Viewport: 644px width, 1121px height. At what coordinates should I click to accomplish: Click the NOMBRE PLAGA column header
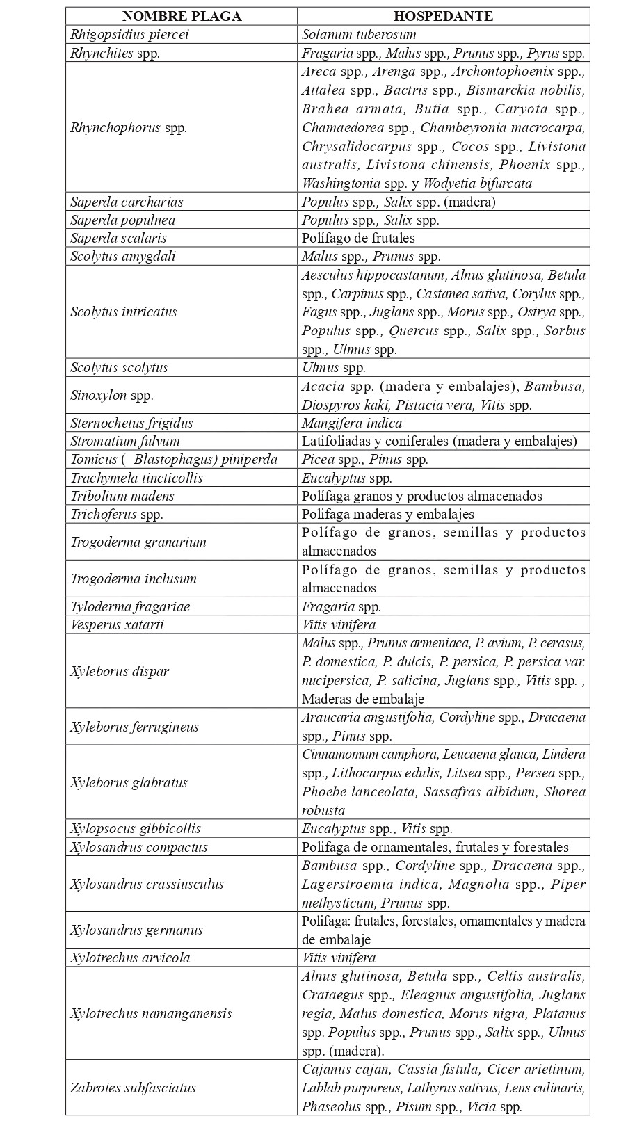[x=182, y=16]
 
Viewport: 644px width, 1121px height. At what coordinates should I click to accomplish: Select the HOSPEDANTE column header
[x=443, y=16]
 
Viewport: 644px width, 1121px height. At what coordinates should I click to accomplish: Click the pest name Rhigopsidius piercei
[x=129, y=34]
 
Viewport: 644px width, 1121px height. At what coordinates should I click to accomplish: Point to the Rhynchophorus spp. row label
[x=129, y=127]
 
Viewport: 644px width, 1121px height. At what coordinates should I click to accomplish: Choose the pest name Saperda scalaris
[x=118, y=238]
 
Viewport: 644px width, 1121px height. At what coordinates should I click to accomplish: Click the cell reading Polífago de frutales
[x=358, y=238]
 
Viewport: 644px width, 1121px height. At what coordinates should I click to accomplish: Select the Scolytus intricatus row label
[x=124, y=312]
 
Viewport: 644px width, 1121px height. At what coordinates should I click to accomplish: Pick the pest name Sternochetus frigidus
[x=131, y=423]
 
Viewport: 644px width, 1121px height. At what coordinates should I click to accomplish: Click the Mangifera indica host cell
[x=351, y=423]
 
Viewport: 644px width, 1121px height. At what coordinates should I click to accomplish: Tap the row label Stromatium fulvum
[x=125, y=441]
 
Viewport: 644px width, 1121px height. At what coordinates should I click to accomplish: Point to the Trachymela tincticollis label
[x=136, y=478]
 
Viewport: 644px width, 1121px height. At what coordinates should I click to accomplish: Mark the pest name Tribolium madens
[x=122, y=496]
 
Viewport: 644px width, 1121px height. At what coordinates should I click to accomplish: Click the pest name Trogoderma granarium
[x=138, y=542]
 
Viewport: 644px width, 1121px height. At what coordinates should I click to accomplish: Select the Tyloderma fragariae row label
[x=130, y=606]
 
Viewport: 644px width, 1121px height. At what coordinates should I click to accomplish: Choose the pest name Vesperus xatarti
[x=117, y=624]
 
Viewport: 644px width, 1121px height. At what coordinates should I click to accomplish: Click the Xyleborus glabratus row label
[x=129, y=782]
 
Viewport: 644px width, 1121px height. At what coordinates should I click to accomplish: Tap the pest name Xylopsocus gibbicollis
[x=135, y=828]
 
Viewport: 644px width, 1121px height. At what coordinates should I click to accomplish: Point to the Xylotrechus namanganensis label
[x=151, y=1013]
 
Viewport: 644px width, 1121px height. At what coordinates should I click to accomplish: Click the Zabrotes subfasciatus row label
[x=133, y=1088]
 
